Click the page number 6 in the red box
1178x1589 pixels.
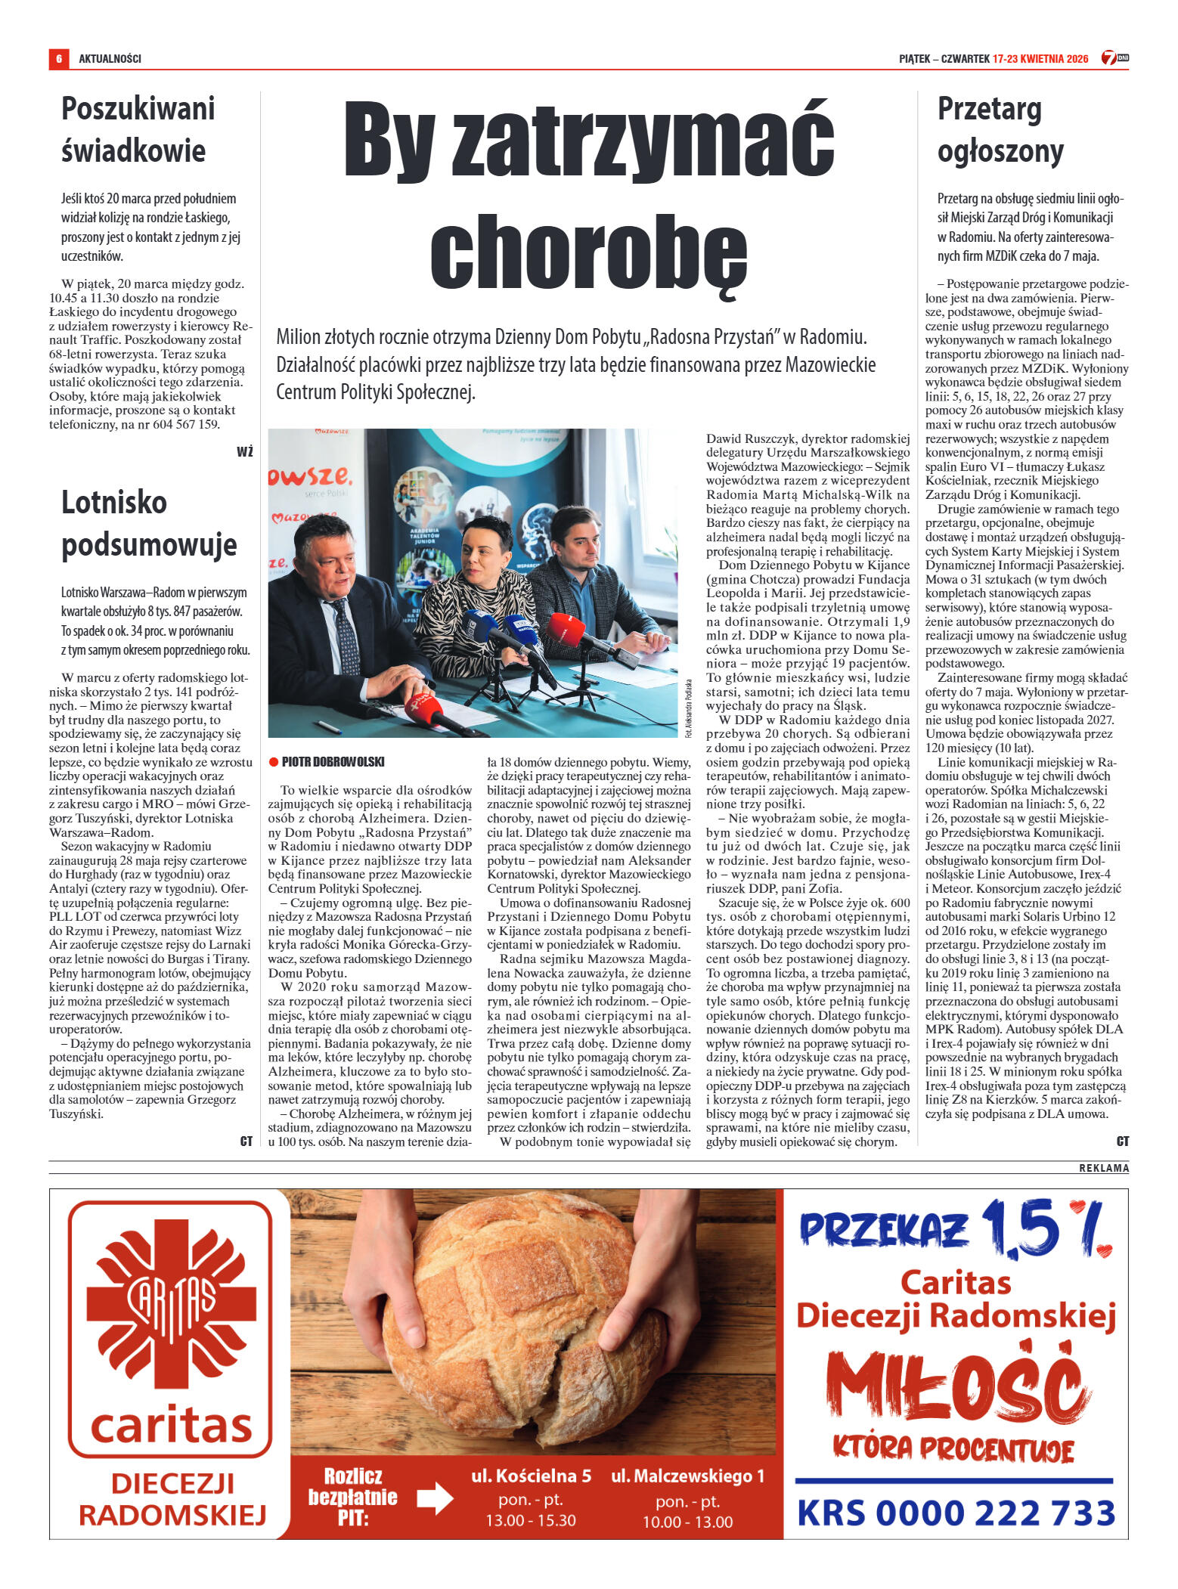[x=58, y=58]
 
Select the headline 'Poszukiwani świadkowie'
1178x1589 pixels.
[x=138, y=129]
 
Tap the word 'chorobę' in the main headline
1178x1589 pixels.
[x=588, y=250]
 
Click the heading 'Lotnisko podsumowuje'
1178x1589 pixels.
[x=149, y=523]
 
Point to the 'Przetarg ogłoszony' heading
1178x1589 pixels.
[x=1000, y=130]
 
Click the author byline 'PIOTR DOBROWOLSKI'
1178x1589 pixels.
[x=333, y=761]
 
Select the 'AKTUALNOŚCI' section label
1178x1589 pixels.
[x=110, y=58]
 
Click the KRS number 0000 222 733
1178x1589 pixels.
[x=956, y=1513]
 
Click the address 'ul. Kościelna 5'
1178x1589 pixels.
[x=531, y=1475]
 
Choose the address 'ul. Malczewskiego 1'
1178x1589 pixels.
[x=687, y=1475]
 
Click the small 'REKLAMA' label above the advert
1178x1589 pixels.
[x=1103, y=1168]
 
